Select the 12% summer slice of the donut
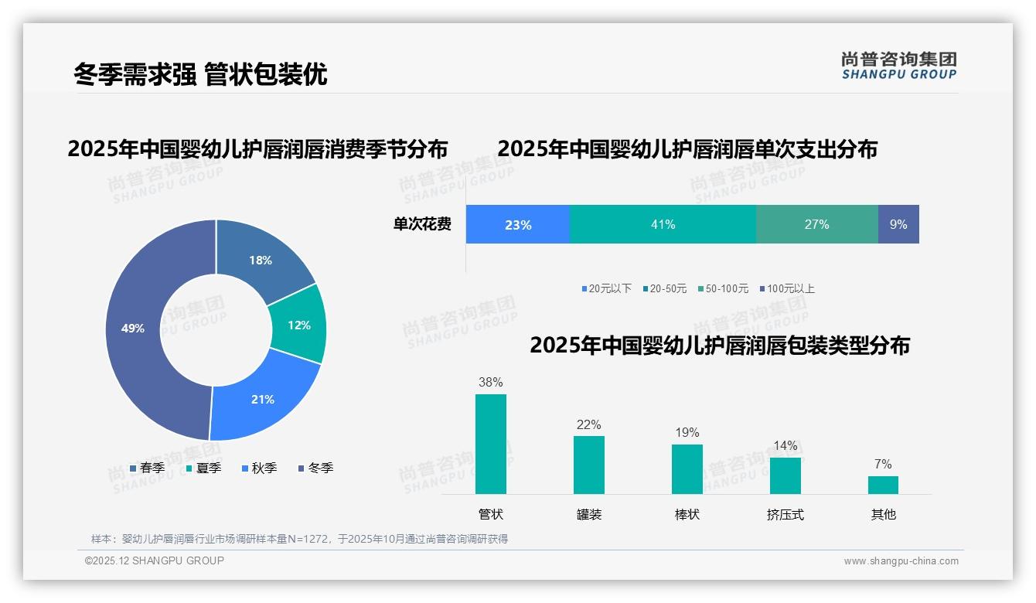(x=298, y=325)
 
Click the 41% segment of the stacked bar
(x=663, y=224)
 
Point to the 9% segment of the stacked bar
(x=898, y=224)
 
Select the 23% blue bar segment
(x=517, y=224)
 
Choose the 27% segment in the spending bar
(x=816, y=224)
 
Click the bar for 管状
(x=491, y=444)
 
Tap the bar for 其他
(x=883, y=485)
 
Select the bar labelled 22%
(x=589, y=465)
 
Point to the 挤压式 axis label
(x=785, y=514)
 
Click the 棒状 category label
(x=687, y=514)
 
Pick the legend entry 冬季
(x=315, y=468)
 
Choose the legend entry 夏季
(x=203, y=468)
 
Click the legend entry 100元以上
(x=786, y=288)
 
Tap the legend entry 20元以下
(x=606, y=288)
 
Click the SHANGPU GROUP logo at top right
(x=899, y=65)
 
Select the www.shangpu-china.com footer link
(x=901, y=561)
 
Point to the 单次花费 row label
(x=422, y=224)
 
